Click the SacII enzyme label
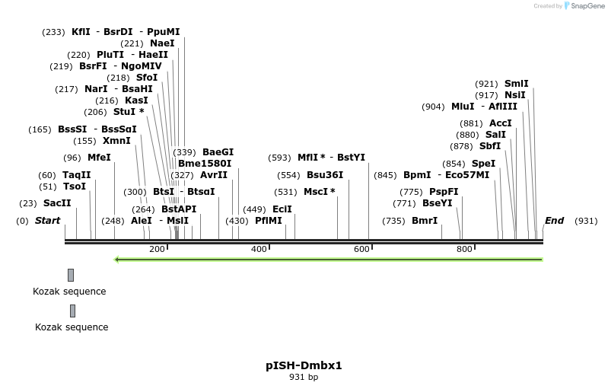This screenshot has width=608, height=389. pyautogui.click(x=57, y=203)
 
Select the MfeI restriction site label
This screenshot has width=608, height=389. pyautogui.click(x=99, y=158)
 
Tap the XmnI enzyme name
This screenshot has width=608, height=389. pyautogui.click(x=116, y=141)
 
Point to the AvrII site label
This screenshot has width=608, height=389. pyautogui.click(x=214, y=175)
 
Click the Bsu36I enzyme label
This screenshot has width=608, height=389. pyautogui.click(x=325, y=175)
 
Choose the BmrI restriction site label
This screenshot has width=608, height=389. pyautogui.click(x=425, y=221)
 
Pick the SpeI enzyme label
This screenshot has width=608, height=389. pyautogui.click(x=483, y=164)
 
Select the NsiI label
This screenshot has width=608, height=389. pyautogui.click(x=515, y=95)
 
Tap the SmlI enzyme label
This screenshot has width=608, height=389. pyautogui.click(x=516, y=84)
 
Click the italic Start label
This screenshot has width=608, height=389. pyautogui.click(x=47, y=221)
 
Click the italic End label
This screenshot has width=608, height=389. pyautogui.click(x=554, y=221)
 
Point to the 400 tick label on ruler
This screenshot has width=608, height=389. pyautogui.click(x=259, y=249)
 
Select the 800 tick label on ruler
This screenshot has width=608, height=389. pyautogui.click(x=464, y=249)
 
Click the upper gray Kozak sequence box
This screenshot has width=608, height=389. pyautogui.click(x=71, y=275)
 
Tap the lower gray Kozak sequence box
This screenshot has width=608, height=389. pyautogui.click(x=72, y=311)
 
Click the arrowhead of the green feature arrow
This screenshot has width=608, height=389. pyautogui.click(x=116, y=260)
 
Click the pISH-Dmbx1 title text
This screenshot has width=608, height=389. pyautogui.click(x=304, y=365)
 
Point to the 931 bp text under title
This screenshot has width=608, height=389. pyautogui.click(x=304, y=378)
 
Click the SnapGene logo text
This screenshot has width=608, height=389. pyautogui.click(x=584, y=6)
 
